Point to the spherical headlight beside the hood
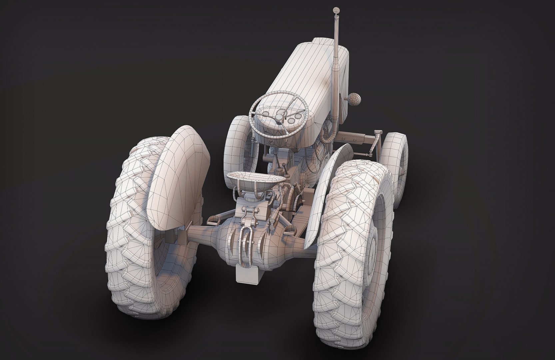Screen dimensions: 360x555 355,99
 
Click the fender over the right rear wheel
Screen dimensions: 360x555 328,187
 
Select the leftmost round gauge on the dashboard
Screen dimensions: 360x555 266,113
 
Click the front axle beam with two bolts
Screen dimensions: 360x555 360,136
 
